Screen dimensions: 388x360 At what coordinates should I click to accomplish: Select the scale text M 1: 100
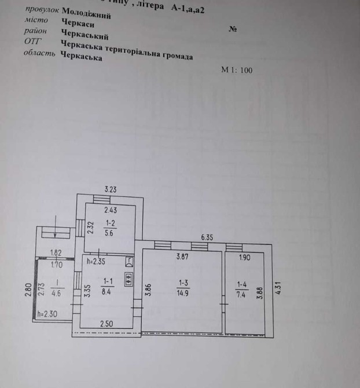pos(237,70)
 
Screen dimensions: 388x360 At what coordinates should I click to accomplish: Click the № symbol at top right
pos(233,30)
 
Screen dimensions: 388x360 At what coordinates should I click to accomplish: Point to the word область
pos(39,54)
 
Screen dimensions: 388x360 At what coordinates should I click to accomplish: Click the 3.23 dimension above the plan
pos(111,189)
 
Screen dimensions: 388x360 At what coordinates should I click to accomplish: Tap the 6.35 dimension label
pos(207,237)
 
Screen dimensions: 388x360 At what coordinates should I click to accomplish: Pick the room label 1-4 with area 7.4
pos(242,288)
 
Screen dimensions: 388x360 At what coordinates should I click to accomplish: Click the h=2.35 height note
pos(95,261)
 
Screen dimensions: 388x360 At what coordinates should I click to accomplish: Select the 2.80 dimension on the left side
pos(27,289)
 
